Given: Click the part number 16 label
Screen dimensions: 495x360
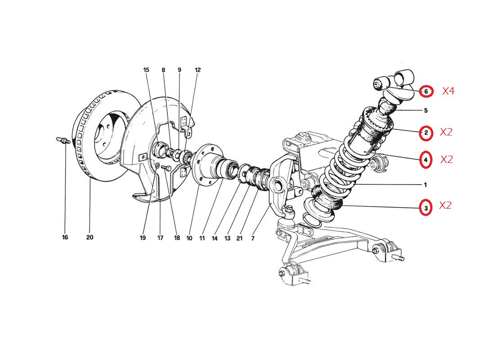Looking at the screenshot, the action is tap(65, 237).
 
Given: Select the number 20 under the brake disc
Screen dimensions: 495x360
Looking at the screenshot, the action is tap(90, 237).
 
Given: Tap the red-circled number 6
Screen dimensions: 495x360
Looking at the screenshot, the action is tap(426, 92).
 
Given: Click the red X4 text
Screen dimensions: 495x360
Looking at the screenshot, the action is tap(448, 91).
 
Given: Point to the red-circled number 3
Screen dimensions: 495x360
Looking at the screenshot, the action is tap(426, 208).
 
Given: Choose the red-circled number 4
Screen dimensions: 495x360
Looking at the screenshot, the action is tap(426, 160).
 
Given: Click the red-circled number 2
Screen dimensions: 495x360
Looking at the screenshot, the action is tap(426, 133).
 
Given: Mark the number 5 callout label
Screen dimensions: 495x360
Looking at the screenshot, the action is tap(426, 111).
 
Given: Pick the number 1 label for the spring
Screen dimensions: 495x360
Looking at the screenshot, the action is tap(425, 185).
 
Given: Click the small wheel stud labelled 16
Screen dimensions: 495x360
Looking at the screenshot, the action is tap(63, 140).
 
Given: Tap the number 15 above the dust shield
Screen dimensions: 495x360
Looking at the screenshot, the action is tap(146, 70).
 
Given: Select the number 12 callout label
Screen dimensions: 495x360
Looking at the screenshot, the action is tap(198, 70).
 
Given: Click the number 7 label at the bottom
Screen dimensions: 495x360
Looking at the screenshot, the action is tap(252, 238).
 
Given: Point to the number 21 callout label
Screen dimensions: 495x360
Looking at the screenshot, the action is tap(239, 238).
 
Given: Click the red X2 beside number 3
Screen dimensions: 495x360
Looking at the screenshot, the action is tap(445, 206).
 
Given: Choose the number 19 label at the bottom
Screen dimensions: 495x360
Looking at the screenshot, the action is tap(143, 238).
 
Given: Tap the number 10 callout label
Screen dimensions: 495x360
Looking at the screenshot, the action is tap(189, 238).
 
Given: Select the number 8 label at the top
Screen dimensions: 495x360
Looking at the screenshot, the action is tap(163, 70).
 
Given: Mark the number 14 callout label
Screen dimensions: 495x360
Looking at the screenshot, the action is tap(215, 238).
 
